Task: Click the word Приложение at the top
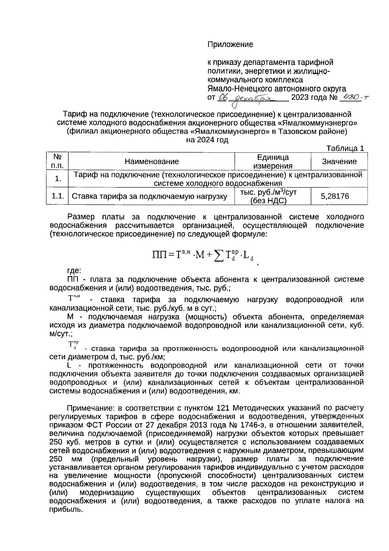coord(230,44)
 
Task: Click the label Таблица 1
coord(345,149)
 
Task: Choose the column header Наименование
coord(152,161)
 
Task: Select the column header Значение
coord(339,161)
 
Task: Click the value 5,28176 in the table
coord(335,196)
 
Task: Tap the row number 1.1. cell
coord(58,196)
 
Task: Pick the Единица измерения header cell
coord(273,162)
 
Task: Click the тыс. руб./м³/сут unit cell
coord(268,192)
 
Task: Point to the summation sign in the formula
coord(219,255)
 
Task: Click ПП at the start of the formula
coord(159,255)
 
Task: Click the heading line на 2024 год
coord(207,140)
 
